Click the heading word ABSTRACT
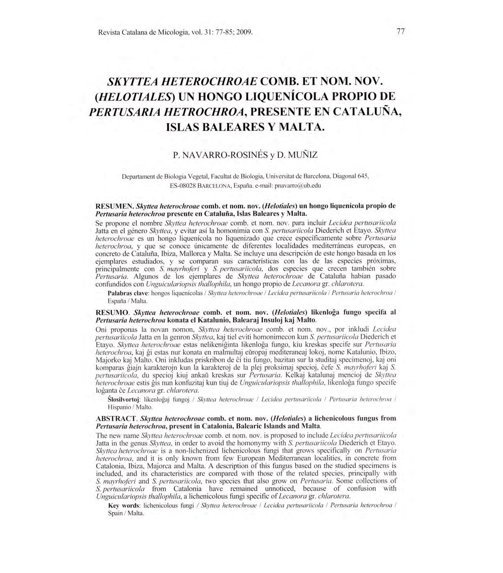(x=116, y=418)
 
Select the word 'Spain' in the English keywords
(x=115, y=513)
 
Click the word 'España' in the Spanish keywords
(x=117, y=301)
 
